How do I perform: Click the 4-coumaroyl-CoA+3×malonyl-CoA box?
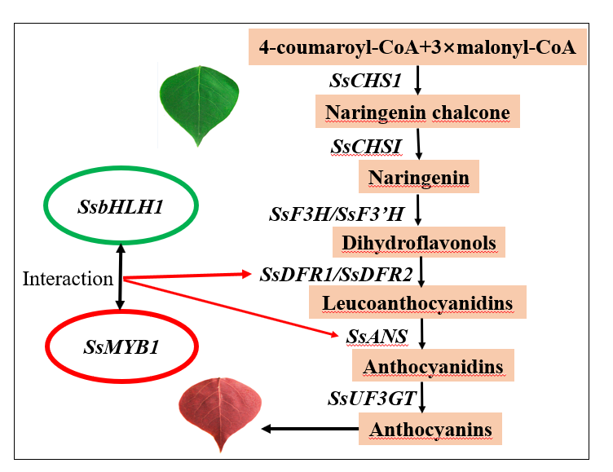[417, 47]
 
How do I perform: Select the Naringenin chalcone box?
[417, 112]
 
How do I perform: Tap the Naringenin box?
[419, 177]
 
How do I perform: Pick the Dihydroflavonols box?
[419, 242]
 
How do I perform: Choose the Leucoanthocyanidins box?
[417, 303]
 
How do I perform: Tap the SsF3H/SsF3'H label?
[336, 214]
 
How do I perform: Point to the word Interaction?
[68, 279]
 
